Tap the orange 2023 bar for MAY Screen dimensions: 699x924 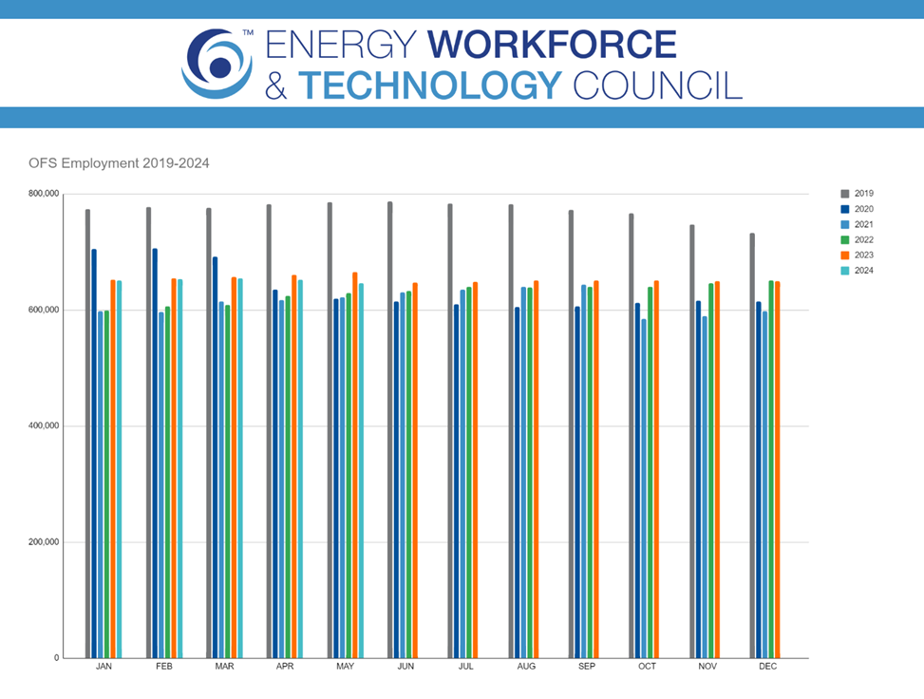click(355, 465)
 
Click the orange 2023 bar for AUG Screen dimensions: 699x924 click(536, 469)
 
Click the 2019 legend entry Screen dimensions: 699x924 click(863, 194)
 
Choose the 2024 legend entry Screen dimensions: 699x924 click(863, 271)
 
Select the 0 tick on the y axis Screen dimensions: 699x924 click(55, 658)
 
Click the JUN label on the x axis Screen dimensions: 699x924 click(405, 667)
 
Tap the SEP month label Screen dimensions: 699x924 click(587, 667)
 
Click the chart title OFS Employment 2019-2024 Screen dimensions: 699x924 click(119, 163)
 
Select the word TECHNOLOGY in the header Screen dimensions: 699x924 click(431, 85)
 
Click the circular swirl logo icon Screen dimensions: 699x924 click(218, 64)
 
